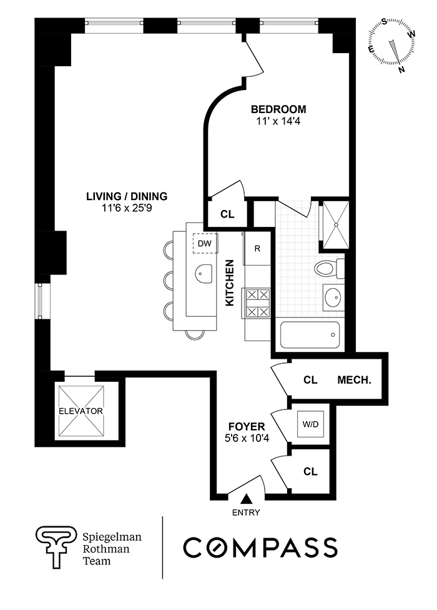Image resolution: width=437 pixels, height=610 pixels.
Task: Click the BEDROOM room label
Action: [x=279, y=109]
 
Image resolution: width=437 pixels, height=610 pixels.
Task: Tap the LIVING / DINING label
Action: [x=127, y=196]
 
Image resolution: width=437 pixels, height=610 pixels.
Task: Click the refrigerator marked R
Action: [x=257, y=247]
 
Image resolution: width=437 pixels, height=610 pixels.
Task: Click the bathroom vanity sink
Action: [x=332, y=297]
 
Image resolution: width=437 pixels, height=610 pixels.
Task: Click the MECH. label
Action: [x=355, y=379]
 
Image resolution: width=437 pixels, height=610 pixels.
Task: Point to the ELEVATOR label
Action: [x=80, y=411]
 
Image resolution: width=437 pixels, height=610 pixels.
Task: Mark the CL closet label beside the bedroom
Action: [x=227, y=214]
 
